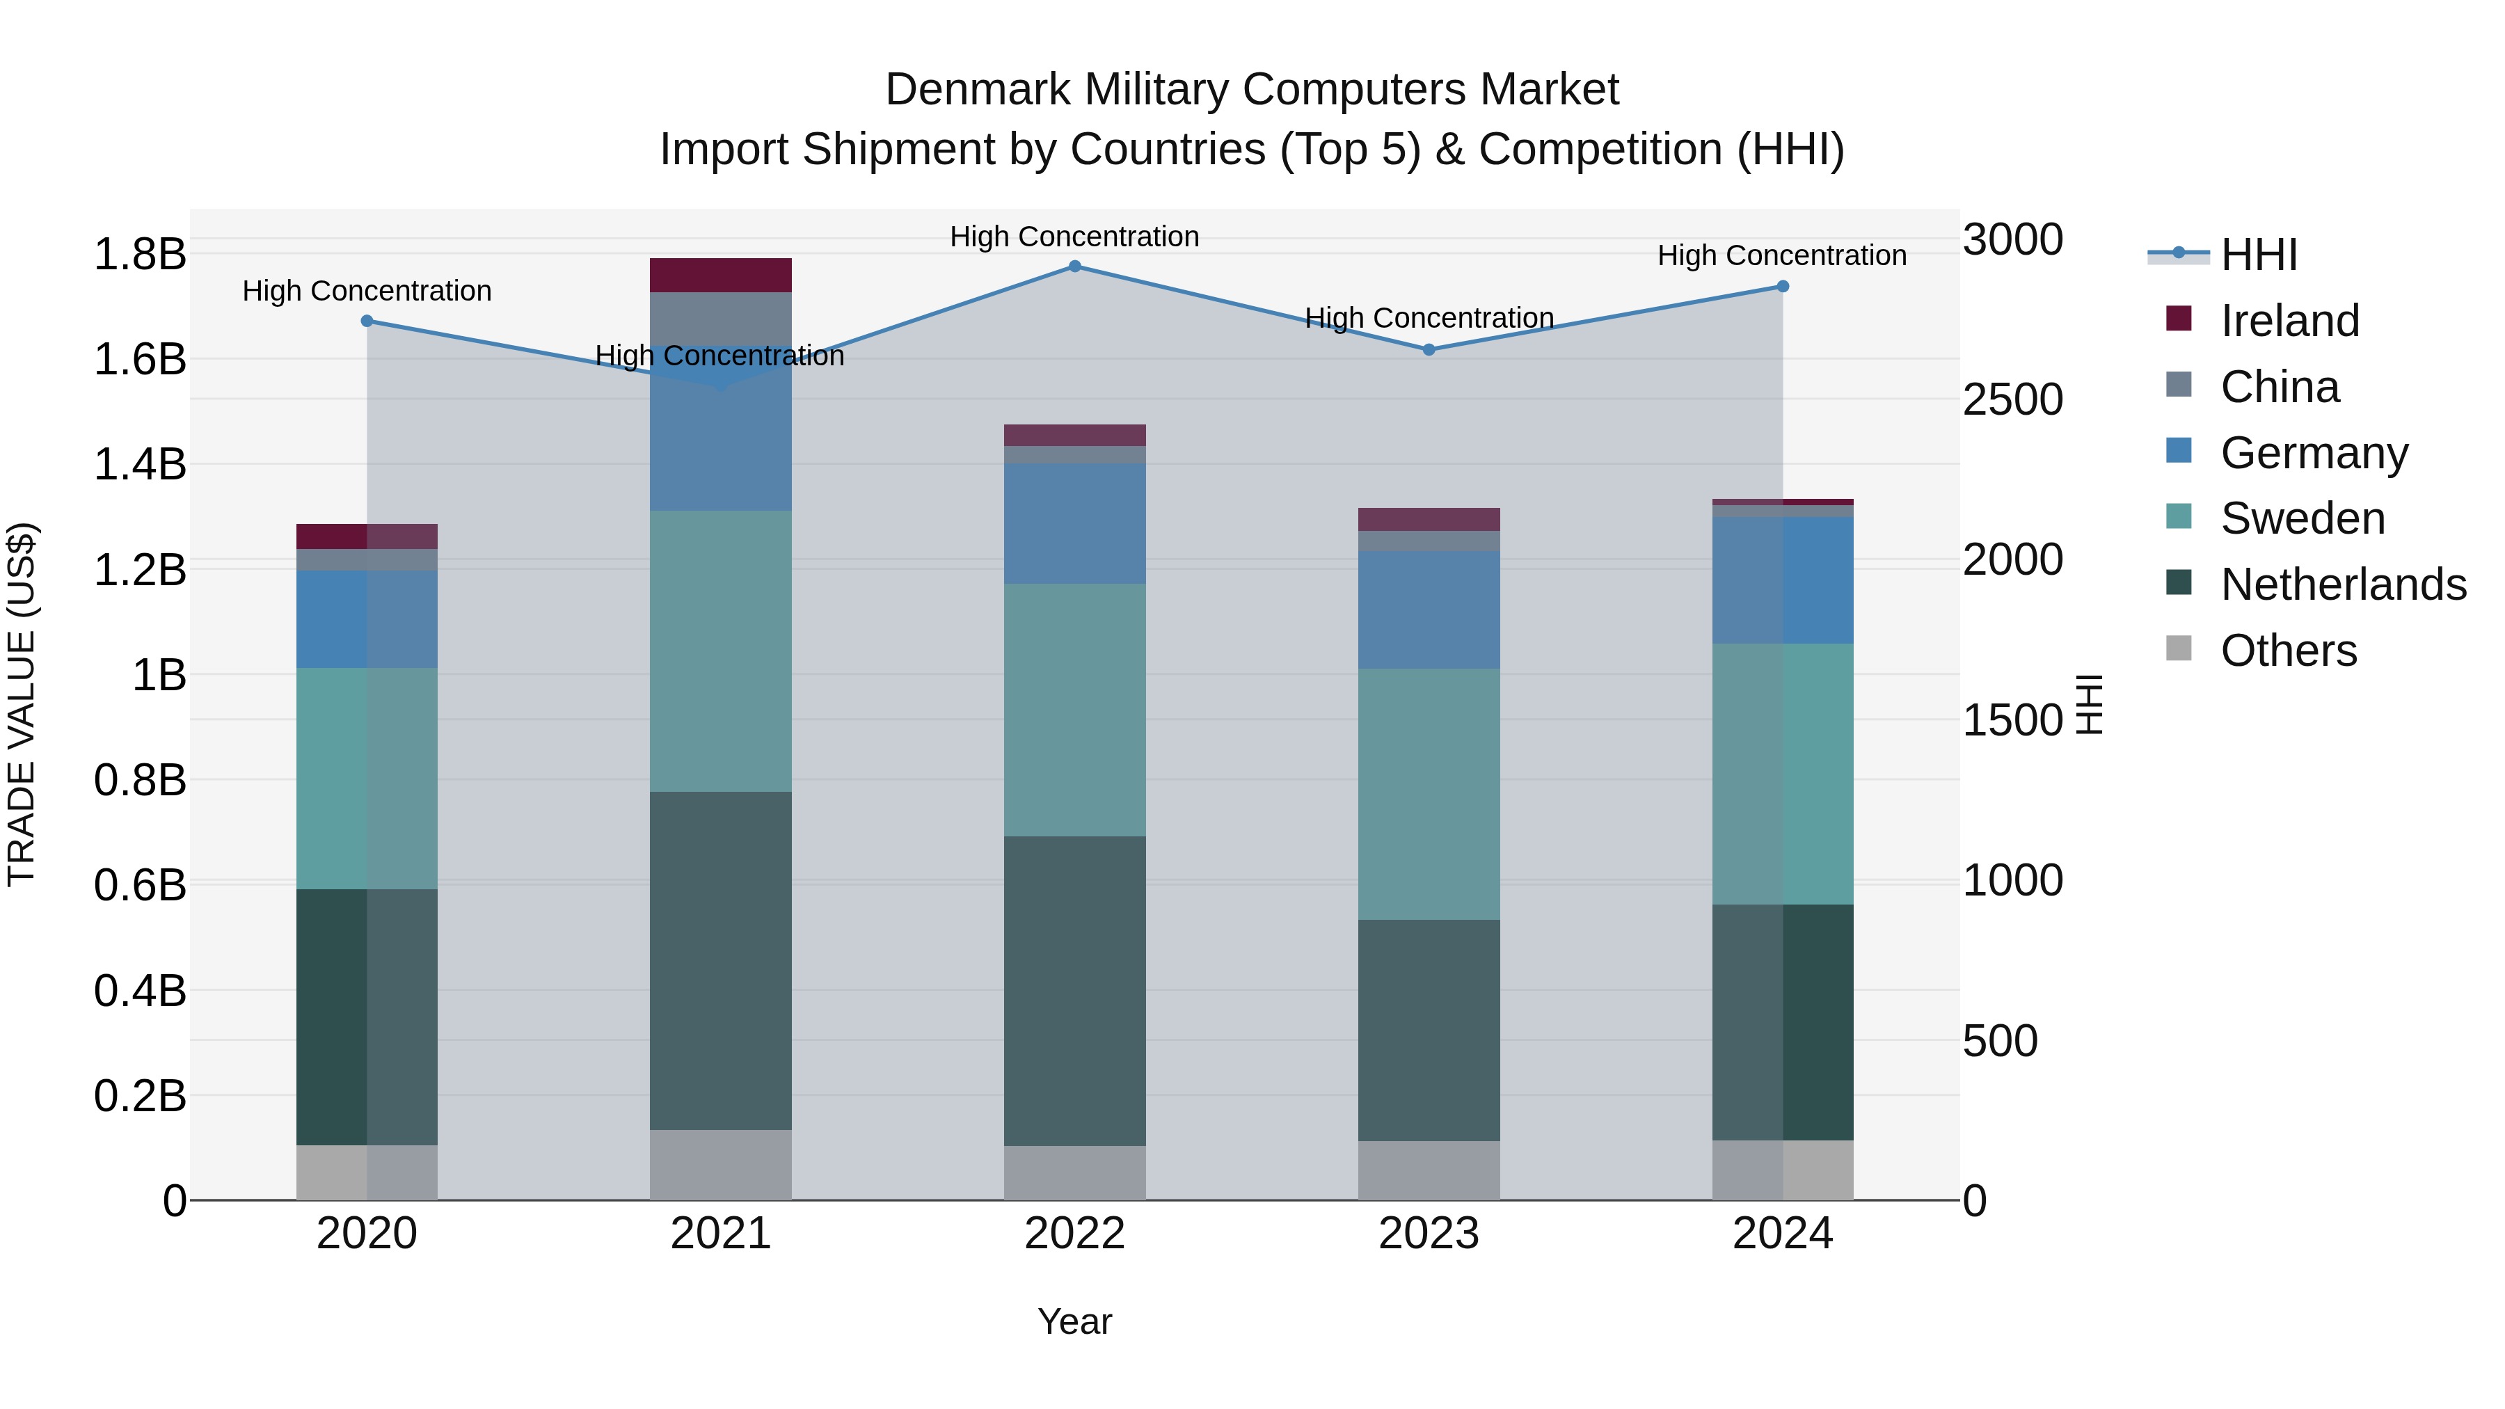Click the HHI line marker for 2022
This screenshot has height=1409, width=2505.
tap(1074, 266)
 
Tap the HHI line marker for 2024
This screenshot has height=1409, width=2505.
tap(1783, 287)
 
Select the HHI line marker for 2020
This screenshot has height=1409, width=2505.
tap(367, 321)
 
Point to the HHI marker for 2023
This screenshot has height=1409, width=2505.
tap(1429, 350)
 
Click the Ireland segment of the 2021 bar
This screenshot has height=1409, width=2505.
tap(721, 275)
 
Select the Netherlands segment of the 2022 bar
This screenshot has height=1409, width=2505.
tap(1074, 990)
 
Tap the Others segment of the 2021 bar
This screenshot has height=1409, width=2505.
tap(721, 1164)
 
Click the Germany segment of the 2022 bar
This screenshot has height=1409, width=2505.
tap(1074, 523)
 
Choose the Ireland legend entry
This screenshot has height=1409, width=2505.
tap(2289, 321)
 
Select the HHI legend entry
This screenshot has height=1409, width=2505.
tap(2258, 255)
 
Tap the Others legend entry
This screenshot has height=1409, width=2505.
tap(2287, 651)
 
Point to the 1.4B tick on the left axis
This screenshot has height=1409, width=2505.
tap(139, 465)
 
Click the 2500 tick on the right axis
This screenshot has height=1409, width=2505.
tap(2012, 399)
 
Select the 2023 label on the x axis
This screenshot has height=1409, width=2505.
tap(1429, 1234)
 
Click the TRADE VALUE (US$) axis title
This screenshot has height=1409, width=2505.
tap(22, 704)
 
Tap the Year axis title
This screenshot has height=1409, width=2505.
tap(1074, 1321)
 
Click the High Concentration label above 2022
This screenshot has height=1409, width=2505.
tap(1074, 237)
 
